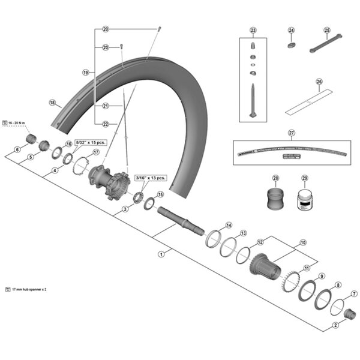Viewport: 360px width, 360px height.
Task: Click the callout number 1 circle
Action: tap(161, 254)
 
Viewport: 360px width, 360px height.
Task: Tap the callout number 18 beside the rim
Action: tap(52, 102)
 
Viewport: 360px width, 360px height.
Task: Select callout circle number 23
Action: tap(253, 30)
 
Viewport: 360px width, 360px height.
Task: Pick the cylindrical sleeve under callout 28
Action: tap(277, 198)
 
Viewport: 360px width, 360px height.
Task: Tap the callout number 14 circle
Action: tap(228, 225)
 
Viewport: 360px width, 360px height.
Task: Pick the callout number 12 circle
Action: tap(260, 242)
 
